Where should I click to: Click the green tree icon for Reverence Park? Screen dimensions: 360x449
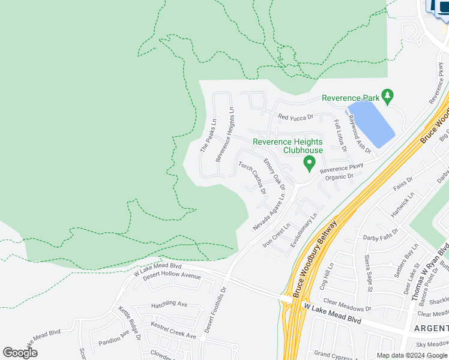click(x=388, y=95)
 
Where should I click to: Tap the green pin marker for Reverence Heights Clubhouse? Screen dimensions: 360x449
click(x=309, y=162)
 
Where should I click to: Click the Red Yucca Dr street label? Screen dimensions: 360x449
click(x=295, y=117)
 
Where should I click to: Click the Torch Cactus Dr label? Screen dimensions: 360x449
click(x=252, y=178)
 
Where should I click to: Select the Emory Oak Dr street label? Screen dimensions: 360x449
click(x=274, y=174)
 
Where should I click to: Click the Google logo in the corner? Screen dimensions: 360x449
click(x=20, y=352)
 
